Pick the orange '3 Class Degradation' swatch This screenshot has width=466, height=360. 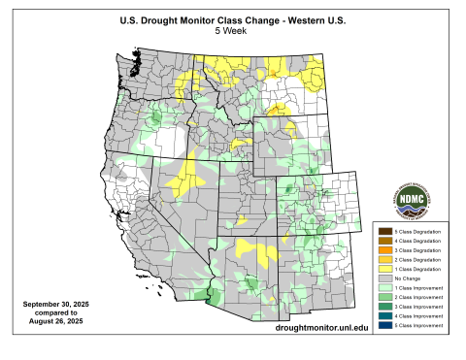384,250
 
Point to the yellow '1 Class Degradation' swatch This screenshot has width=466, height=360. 384,270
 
